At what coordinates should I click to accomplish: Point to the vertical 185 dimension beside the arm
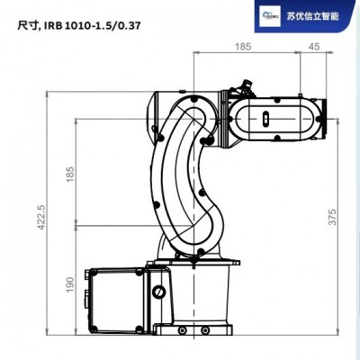(69, 173)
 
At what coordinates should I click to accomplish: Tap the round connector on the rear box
(158, 292)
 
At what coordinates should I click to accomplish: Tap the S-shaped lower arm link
(184, 180)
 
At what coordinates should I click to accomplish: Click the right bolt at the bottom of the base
(235, 338)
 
